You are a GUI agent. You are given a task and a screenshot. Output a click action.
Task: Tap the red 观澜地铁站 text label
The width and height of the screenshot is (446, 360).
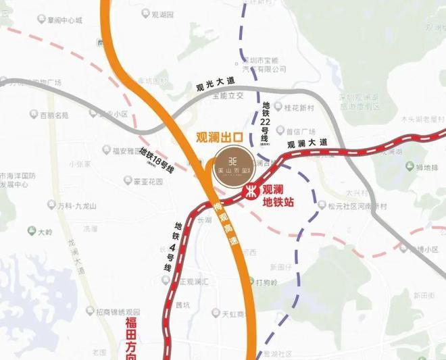click(276, 195)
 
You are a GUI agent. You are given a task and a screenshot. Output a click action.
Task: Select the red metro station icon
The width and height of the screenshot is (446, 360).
click(250, 191)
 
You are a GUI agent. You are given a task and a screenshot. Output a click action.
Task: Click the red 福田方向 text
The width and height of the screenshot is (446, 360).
click(131, 337)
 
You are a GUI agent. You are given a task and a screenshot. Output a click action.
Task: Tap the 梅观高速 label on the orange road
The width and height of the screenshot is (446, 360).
click(227, 226)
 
